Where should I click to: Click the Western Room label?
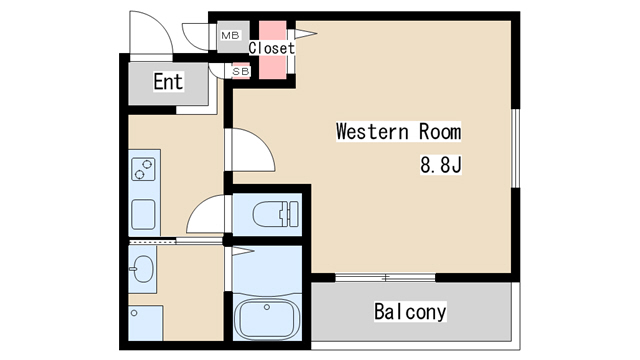398,131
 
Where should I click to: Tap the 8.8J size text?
441,165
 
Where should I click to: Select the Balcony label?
410,311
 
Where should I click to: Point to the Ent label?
168,81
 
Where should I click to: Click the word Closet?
271,48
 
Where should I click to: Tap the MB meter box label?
230,36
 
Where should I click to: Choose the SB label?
240,71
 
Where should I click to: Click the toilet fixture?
276,214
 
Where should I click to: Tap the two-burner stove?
143,169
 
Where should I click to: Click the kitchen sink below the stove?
143,215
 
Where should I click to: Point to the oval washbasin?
142,269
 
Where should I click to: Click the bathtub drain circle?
267,307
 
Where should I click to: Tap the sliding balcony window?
385,278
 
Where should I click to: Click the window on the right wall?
516,148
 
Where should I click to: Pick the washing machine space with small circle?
146,323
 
